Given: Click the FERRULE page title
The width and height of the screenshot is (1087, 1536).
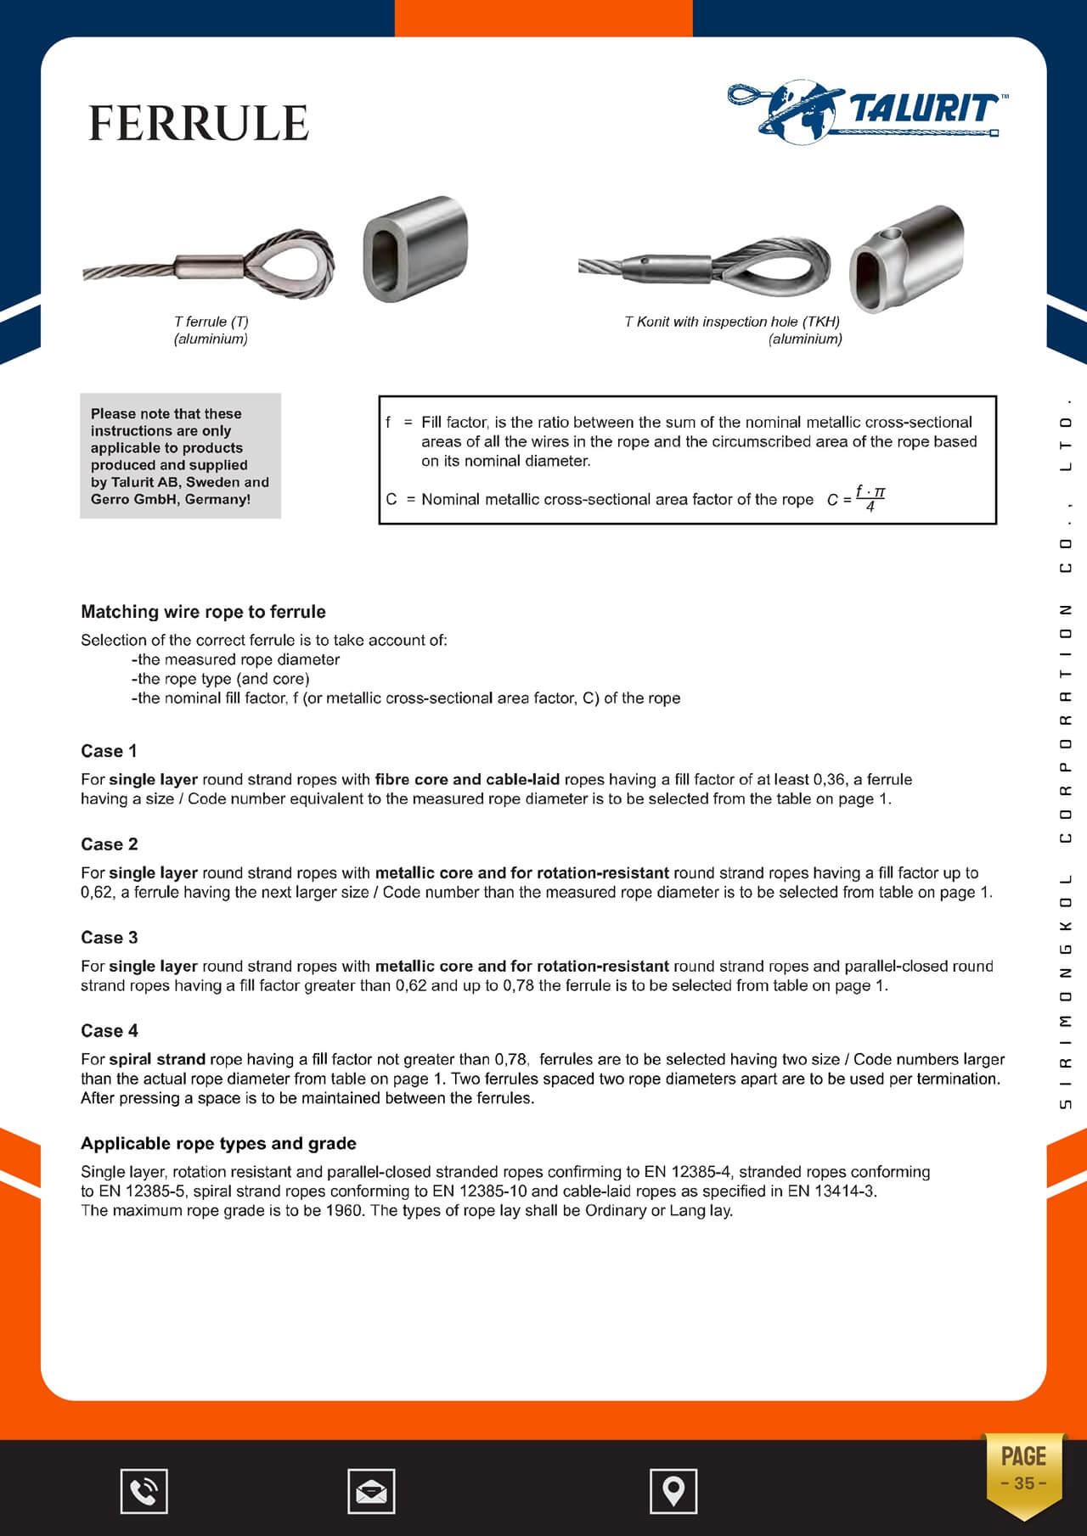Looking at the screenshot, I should tap(199, 124).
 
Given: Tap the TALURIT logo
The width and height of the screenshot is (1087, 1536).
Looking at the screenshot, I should tap(866, 109).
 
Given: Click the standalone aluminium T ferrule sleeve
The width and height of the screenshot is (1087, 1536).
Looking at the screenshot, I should tap(415, 249).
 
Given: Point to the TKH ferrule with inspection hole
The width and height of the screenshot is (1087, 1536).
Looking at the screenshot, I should tap(907, 259).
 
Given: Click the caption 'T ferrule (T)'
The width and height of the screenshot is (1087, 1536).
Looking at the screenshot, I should tap(211, 322).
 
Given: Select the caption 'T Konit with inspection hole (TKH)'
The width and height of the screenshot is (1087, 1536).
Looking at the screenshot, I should tap(732, 322).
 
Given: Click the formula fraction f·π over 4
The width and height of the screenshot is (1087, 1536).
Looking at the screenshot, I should tap(870, 499).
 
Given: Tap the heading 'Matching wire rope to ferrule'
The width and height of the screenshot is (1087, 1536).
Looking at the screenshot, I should tap(203, 612).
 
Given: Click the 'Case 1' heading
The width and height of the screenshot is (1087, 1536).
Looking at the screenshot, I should tap(109, 751).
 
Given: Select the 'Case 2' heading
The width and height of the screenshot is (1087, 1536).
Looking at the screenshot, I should tap(109, 844).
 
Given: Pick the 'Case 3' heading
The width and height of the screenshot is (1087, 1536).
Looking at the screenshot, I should tap(109, 938).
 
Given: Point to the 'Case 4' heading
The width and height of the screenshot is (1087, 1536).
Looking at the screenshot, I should tap(109, 1031).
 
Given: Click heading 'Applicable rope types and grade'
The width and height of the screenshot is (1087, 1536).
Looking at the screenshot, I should tap(218, 1143).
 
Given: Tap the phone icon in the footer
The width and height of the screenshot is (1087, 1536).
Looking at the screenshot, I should tap(144, 1491).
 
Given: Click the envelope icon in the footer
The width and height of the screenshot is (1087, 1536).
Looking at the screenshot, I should tap(371, 1491).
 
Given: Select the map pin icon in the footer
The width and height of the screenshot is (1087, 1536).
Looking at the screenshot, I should tap(673, 1491).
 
